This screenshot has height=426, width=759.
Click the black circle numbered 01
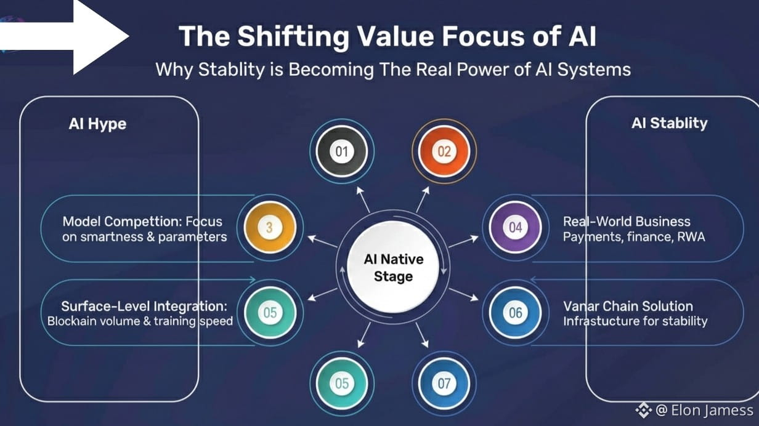coord(341,151)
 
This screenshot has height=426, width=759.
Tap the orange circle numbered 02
coord(444,151)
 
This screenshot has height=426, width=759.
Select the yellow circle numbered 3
coord(270,228)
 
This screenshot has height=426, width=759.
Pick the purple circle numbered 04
coord(515,228)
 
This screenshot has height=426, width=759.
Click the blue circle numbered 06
coord(515,313)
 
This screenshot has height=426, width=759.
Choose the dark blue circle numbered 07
coord(444,384)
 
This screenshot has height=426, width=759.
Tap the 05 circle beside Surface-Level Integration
coord(270,313)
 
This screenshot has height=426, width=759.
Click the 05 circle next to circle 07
coord(341,384)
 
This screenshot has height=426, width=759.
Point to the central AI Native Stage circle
coord(392,268)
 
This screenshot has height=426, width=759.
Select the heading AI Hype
coord(97,124)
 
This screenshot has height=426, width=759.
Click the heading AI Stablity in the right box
coord(669,123)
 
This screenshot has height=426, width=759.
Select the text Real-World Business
coord(627,222)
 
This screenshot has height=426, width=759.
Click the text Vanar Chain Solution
coord(628,306)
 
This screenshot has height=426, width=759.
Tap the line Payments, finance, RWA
coord(633,236)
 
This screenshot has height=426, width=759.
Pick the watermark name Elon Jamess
coord(712,411)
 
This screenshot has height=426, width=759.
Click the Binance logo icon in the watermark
coord(644,410)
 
